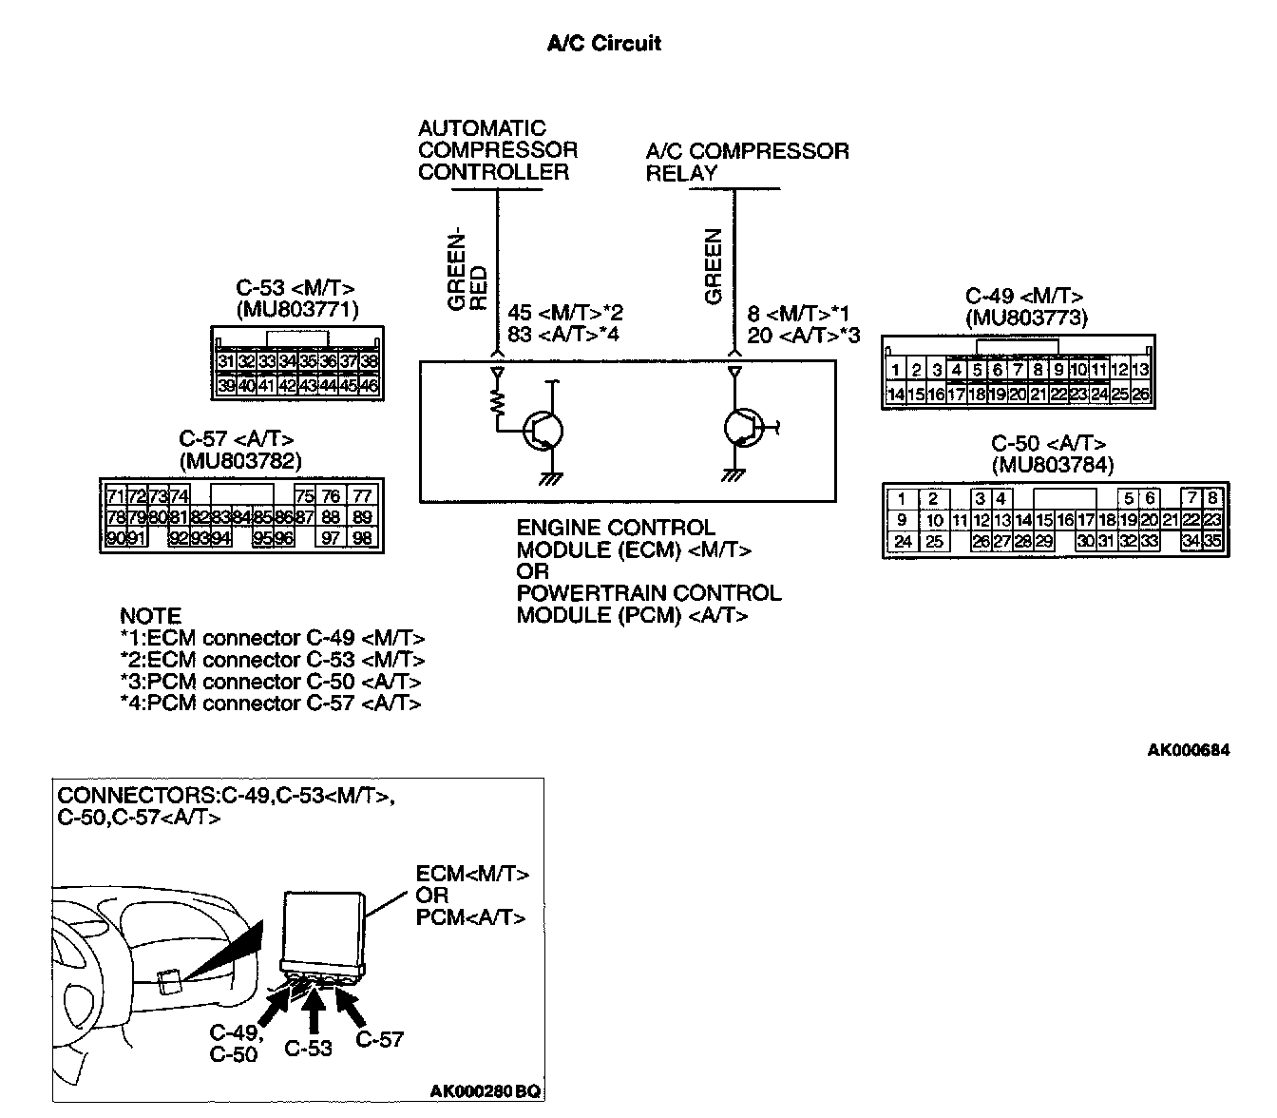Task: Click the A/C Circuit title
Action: [x=603, y=43]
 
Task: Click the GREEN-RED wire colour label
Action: [x=467, y=270]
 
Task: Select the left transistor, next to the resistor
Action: [x=543, y=430]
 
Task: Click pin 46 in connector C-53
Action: [x=369, y=386]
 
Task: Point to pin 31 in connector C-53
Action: [x=226, y=361]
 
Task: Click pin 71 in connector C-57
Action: [x=115, y=496]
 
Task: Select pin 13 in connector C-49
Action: [x=1141, y=371]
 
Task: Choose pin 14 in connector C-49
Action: [x=894, y=394]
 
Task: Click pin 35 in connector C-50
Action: [x=1211, y=542]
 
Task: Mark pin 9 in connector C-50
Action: [x=901, y=521]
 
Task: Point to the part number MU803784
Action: [x=1052, y=465]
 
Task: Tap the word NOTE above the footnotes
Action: [x=150, y=616]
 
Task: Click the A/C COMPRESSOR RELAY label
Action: [x=747, y=162]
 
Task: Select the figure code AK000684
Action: [x=1188, y=751]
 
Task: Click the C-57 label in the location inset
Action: [x=380, y=1040]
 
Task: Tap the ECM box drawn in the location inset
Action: [x=324, y=927]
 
